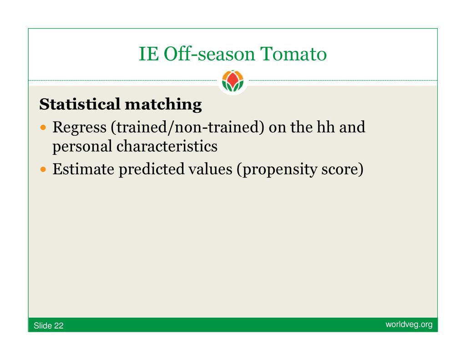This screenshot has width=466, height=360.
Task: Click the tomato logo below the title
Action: coord(233,81)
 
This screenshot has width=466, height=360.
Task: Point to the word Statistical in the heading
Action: coord(80,104)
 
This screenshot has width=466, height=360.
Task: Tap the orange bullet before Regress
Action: coord(43,128)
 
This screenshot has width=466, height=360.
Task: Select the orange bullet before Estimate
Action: coord(43,170)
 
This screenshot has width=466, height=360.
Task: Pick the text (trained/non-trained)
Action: coord(187,127)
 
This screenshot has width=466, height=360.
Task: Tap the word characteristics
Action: coord(167,146)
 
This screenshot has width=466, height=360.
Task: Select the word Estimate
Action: coord(83,169)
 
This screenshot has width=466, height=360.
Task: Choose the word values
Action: coord(210,169)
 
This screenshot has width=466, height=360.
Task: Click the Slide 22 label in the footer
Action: coord(48,325)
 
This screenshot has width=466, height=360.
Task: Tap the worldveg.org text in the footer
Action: coord(409,325)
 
